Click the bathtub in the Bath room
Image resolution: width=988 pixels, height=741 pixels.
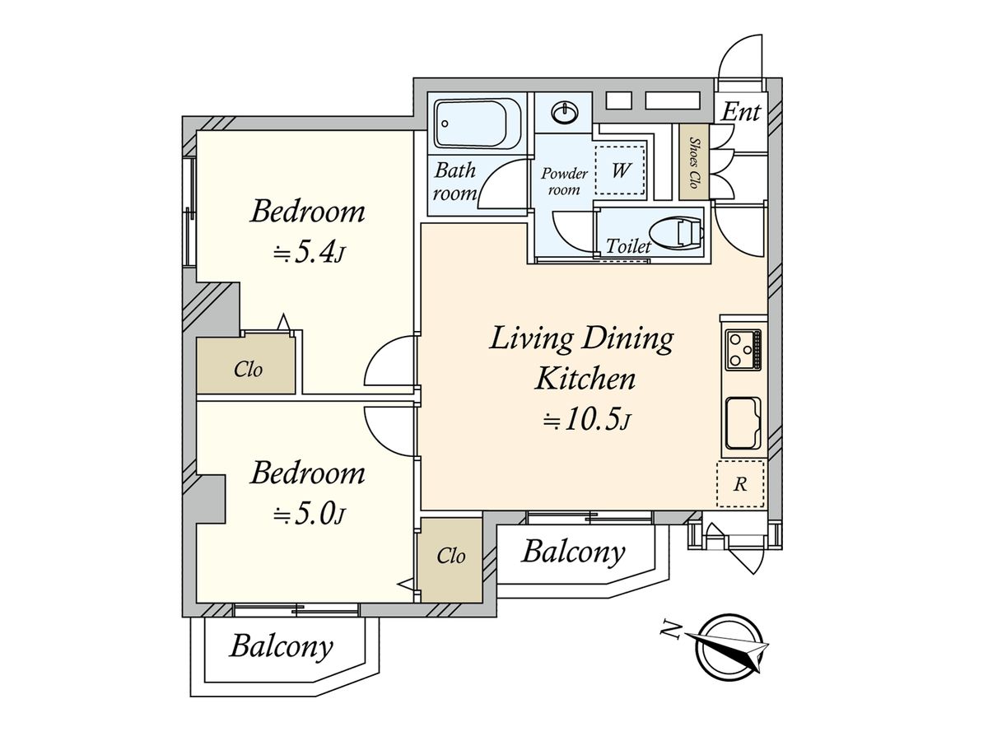point(478,123)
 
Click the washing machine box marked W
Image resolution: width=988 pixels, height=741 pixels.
point(620,170)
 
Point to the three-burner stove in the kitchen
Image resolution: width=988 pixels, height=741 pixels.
point(743,350)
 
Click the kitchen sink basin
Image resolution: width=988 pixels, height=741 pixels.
point(743,424)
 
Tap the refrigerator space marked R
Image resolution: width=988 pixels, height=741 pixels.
point(740,483)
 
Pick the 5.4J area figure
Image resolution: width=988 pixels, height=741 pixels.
point(310,254)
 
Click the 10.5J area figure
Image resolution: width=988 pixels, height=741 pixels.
point(586,421)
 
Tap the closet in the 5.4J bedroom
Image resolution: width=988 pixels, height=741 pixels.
point(246,366)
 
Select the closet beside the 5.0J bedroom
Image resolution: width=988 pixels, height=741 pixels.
point(451,559)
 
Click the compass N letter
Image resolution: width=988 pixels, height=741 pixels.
point(670,628)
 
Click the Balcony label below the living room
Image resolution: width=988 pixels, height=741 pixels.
point(573,553)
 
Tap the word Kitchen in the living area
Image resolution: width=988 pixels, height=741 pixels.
point(585,379)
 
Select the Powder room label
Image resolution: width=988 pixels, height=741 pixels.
point(564,181)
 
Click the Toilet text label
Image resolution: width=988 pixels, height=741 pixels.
point(628,246)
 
